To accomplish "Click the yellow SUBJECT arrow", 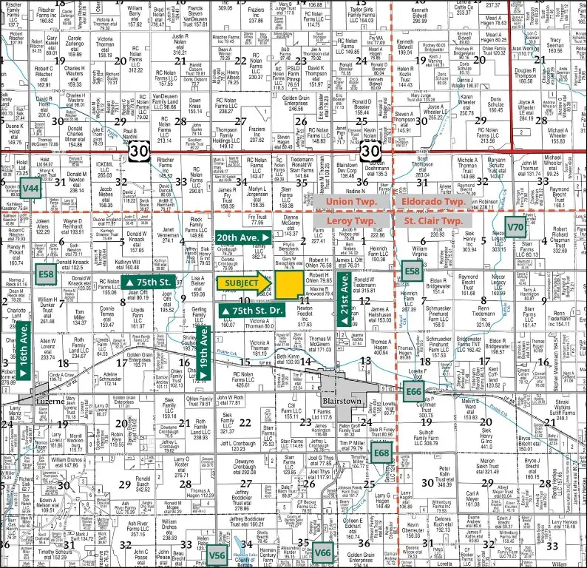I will tap(243, 283).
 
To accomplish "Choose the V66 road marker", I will tap(322, 551).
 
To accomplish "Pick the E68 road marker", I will tap(381, 452).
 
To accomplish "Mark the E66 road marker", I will tap(413, 390).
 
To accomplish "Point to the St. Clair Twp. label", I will tap(434, 220).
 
